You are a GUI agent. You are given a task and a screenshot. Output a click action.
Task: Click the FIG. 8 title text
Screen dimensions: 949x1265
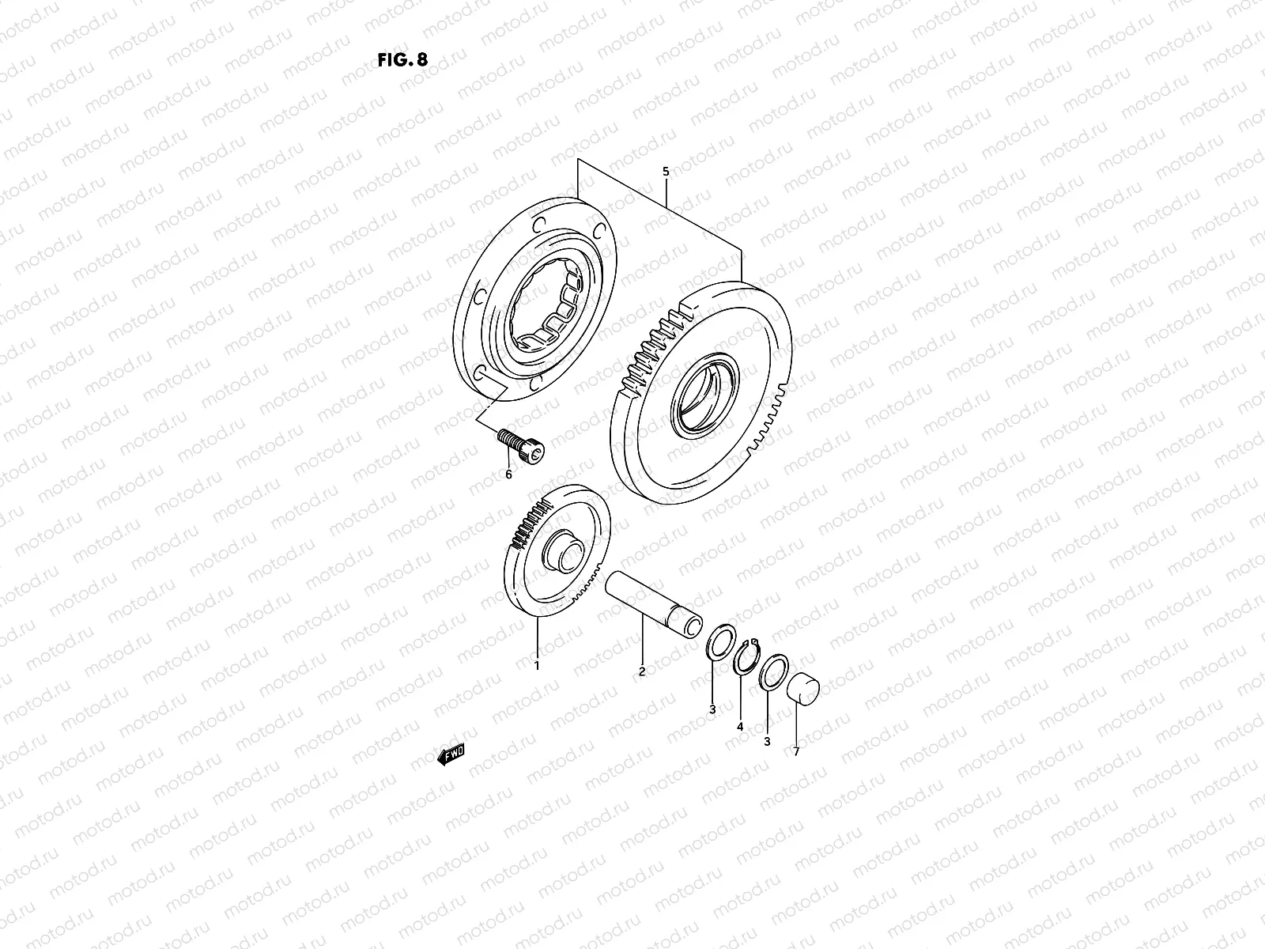pyautogui.click(x=403, y=60)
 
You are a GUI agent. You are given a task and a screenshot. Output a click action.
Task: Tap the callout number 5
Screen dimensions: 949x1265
pyautogui.click(x=665, y=171)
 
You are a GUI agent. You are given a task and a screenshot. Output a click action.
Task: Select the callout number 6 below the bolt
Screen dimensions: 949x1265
pyautogui.click(x=509, y=475)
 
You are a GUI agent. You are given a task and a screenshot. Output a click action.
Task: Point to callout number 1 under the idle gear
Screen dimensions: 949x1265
pyautogui.click(x=537, y=666)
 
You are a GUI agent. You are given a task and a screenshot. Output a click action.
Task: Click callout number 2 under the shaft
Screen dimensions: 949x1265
pyautogui.click(x=642, y=671)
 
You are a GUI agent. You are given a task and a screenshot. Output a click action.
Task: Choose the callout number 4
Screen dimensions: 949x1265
pyautogui.click(x=740, y=726)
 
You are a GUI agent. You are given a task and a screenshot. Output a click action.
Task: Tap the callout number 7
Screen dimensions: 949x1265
pyautogui.click(x=796, y=752)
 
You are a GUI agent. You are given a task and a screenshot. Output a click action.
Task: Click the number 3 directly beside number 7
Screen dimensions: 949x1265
pyautogui.click(x=767, y=741)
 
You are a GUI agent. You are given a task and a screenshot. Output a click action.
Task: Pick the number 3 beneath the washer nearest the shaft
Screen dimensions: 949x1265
pyautogui.click(x=712, y=709)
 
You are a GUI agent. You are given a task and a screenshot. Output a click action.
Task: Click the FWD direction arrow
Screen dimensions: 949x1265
pyautogui.click(x=451, y=755)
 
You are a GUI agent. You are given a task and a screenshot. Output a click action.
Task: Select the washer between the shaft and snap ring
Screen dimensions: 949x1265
pyautogui.click(x=719, y=641)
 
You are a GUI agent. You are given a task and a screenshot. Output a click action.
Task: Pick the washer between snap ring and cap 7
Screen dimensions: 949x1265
pyautogui.click(x=773, y=672)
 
